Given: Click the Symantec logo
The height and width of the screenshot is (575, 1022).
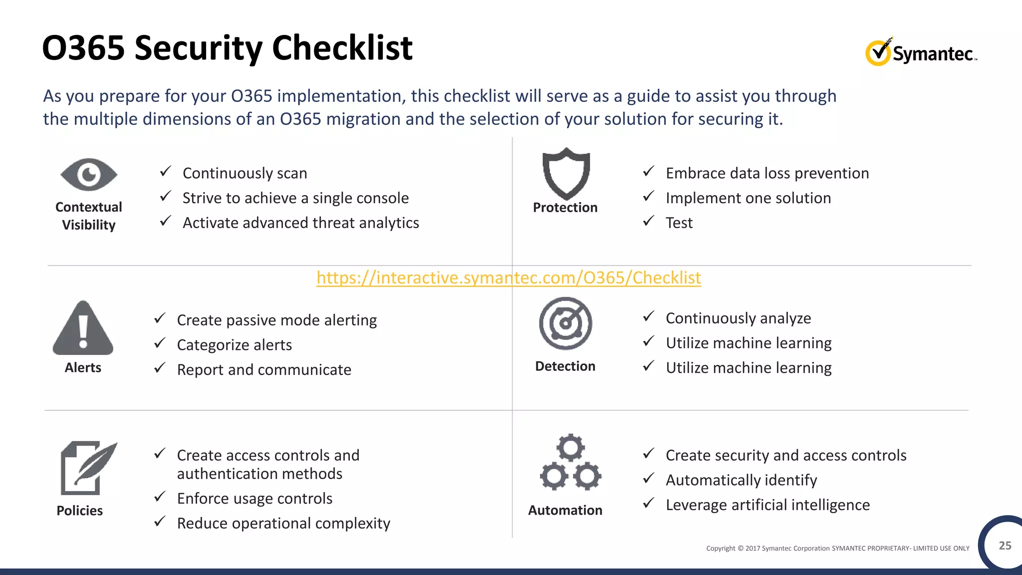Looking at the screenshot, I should [x=921, y=52].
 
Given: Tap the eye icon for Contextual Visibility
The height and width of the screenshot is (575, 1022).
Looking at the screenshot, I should [x=89, y=175].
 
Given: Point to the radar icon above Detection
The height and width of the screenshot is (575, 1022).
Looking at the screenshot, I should [x=565, y=323].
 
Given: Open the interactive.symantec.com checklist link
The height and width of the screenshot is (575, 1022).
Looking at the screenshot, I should [x=509, y=278].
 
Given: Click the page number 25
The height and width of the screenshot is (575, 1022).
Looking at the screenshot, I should [x=1005, y=546].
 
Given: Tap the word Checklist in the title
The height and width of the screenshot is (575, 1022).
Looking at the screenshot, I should [x=342, y=48].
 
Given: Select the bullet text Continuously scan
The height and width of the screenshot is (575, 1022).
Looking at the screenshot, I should [x=245, y=173].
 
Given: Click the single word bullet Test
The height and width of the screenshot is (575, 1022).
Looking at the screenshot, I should [x=679, y=223].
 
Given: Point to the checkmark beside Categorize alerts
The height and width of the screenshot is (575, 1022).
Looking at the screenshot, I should [x=160, y=343].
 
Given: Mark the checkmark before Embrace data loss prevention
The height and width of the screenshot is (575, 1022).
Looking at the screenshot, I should [x=648, y=171].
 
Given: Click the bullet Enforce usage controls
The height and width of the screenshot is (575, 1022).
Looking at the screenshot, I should [x=255, y=498].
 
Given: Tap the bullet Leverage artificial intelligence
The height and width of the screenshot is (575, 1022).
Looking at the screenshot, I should [x=767, y=505].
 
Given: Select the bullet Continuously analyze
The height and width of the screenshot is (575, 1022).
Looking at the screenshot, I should [x=738, y=318].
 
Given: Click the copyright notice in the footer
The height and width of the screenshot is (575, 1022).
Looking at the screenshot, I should [x=837, y=548].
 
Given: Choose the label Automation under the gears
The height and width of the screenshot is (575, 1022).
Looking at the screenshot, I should [x=565, y=510].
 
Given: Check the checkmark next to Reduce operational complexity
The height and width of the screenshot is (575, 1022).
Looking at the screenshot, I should [x=160, y=522].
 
